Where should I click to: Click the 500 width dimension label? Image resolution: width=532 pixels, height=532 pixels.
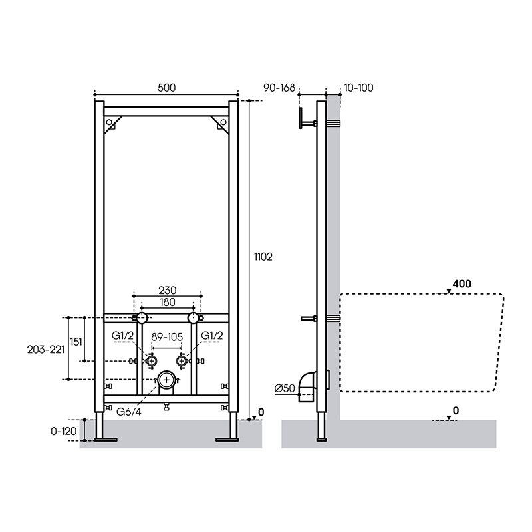[167, 88]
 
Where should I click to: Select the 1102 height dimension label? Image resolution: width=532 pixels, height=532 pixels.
[263, 257]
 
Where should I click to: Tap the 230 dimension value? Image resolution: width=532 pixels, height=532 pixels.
[168, 291]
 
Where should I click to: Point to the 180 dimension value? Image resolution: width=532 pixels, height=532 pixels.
[168, 302]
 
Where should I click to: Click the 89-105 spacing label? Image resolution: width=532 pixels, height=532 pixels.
[167, 337]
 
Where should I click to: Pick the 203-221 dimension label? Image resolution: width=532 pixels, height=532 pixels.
[46, 350]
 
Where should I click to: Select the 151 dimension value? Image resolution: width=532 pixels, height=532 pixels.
[76, 342]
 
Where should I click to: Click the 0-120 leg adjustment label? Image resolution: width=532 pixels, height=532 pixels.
[64, 431]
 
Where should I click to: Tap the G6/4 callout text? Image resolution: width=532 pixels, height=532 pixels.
[128, 412]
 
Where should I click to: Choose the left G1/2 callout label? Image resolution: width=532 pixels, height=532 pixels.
[123, 336]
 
